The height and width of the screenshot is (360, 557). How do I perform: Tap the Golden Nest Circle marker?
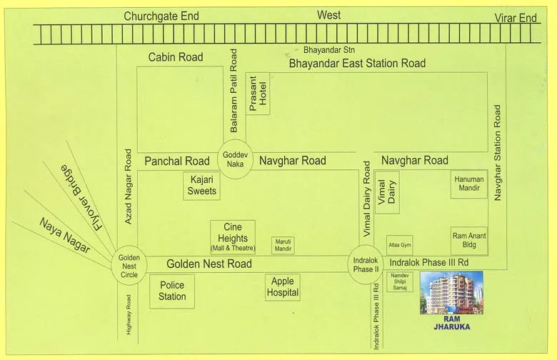click(x=129, y=264)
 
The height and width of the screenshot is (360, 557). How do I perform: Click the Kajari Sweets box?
click(x=201, y=186)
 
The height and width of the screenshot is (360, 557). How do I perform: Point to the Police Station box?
click(x=172, y=291)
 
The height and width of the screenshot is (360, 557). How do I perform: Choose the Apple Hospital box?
click(x=282, y=287)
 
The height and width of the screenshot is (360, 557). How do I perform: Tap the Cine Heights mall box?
click(x=232, y=237)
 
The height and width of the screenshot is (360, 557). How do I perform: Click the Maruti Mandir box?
click(x=283, y=245)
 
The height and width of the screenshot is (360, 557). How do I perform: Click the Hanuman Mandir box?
click(x=468, y=184)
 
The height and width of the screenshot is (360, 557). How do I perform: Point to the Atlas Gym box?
click(x=399, y=245)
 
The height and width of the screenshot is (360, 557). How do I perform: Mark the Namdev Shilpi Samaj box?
click(x=399, y=281)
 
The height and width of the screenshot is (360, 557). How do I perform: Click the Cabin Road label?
click(x=176, y=57)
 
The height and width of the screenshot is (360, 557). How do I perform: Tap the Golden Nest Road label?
click(x=209, y=264)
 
